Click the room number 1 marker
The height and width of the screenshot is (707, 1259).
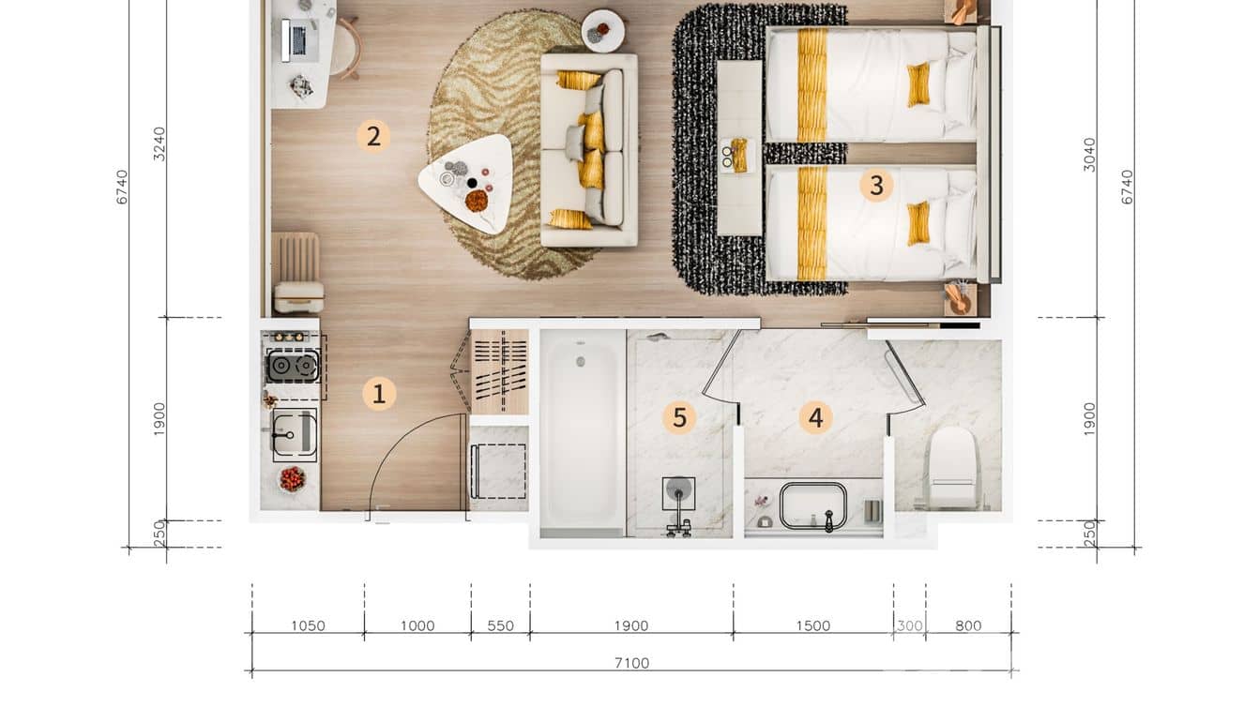[379, 393]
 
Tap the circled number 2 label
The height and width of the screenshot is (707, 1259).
[373, 137]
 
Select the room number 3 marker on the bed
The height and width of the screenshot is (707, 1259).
[876, 185]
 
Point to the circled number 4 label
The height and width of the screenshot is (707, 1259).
[815, 417]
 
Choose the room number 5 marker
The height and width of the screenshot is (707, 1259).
[679, 417]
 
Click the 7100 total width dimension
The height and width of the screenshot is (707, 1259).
[631, 663]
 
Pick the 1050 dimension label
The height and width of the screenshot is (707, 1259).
[308, 625]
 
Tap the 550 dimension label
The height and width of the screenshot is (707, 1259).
[500, 625]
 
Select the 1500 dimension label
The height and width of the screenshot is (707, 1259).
[813, 625]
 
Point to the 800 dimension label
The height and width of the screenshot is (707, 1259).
[968, 625]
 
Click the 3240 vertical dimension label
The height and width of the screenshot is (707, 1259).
[160, 143]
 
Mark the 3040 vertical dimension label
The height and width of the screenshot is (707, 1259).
[1089, 155]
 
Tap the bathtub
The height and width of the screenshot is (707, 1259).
[582, 433]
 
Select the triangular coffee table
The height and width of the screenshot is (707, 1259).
[467, 184]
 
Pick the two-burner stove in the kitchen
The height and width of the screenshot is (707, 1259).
[293, 366]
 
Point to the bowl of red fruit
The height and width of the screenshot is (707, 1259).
[293, 479]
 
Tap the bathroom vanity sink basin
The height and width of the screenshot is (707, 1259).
[812, 506]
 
